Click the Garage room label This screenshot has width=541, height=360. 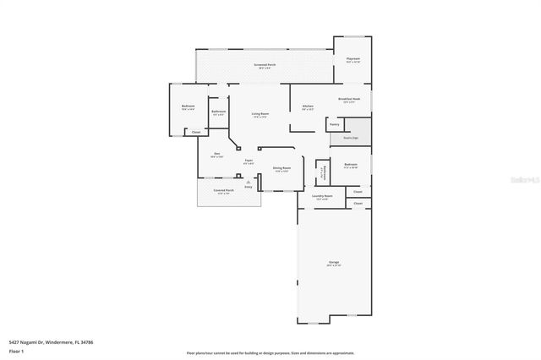(x=334, y=264)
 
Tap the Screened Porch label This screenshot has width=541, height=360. (x=265, y=64)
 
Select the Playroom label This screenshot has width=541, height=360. (x=353, y=59)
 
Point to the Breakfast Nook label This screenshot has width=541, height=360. (x=349, y=99)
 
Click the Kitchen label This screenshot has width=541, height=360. (x=308, y=106)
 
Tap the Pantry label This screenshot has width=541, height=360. (x=334, y=124)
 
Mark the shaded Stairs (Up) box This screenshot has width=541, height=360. (x=350, y=137)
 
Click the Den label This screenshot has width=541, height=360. (x=216, y=154)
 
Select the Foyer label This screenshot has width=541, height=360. (x=249, y=161)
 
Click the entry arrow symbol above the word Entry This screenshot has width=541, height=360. (x=248, y=181)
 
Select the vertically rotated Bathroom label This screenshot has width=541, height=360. (x=322, y=172)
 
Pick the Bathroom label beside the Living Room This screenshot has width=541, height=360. (x=218, y=112)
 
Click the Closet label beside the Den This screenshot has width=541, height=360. (x=195, y=132)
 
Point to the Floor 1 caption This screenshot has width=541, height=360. (x=16, y=351)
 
